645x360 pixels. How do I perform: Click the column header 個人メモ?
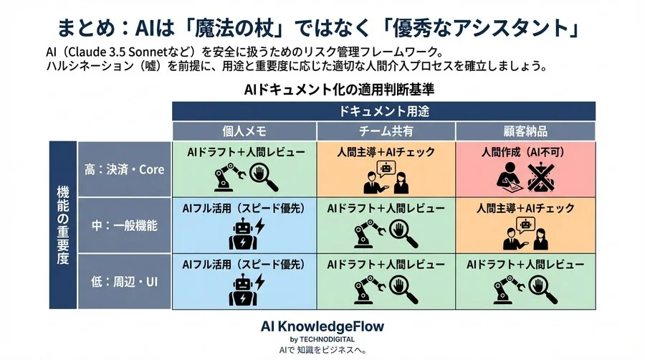[x=244, y=131]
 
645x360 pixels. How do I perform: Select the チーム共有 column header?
[x=386, y=131]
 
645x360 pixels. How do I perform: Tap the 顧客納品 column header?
[x=525, y=131]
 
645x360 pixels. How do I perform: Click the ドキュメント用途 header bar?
[x=384, y=111]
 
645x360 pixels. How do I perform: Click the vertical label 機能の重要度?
[x=62, y=225]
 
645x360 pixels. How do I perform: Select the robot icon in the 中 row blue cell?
[x=243, y=234]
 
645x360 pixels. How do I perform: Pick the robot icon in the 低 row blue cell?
[x=243, y=289]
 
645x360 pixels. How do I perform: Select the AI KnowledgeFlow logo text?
[x=322, y=326]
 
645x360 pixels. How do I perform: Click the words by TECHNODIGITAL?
[x=322, y=339]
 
